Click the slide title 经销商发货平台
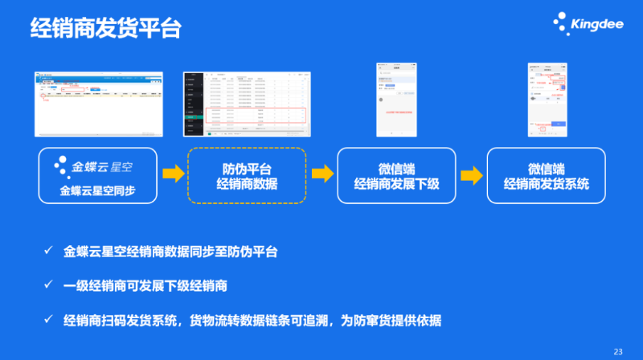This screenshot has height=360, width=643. click(105, 28)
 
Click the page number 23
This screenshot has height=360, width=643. click(618, 351)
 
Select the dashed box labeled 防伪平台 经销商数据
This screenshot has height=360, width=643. click(248, 175)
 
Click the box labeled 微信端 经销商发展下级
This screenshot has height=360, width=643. click(397, 175)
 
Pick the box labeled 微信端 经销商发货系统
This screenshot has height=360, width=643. click(547, 175)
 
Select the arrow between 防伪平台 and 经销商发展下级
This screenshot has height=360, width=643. click(322, 174)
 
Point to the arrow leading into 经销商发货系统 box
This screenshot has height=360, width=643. click(472, 174)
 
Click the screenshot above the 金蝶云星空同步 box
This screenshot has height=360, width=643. click(98, 104)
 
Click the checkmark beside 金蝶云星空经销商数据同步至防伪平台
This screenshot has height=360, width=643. click(48, 252)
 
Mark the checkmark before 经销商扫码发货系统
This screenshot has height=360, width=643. click(48, 320)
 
